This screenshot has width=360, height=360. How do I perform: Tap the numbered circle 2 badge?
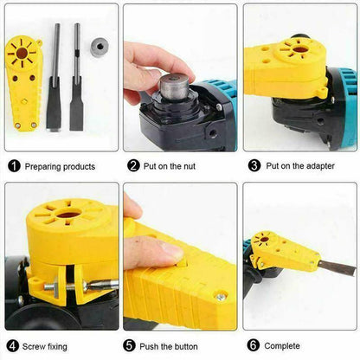coord(134,165)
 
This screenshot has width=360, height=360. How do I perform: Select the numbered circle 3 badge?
coord(254,165)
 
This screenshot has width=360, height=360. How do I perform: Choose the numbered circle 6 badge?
coord(254,344)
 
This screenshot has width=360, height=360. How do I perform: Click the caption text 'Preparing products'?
coord(60,165)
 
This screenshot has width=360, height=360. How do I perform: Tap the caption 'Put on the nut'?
coord(175,165)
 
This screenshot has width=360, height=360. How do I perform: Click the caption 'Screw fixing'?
coord(48,344)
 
